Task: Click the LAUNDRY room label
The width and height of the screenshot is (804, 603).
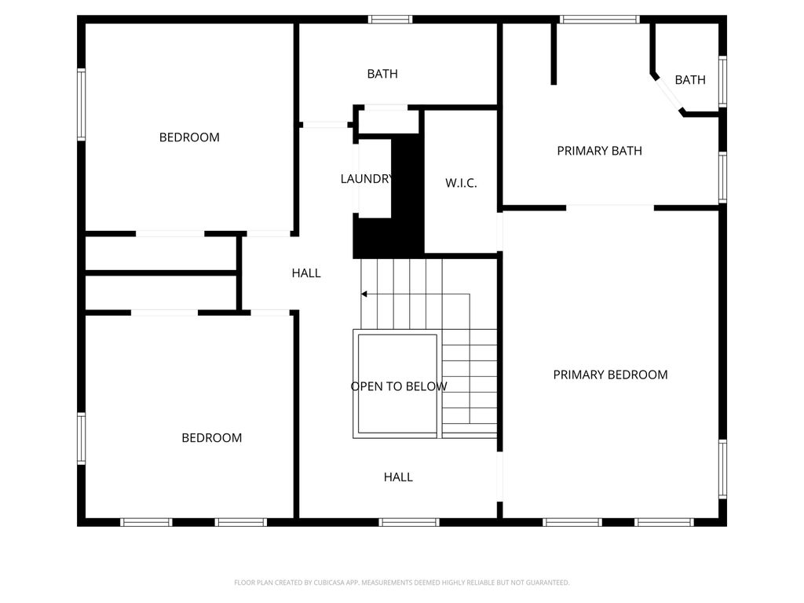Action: tap(366, 179)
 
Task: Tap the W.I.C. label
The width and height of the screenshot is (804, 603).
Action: tap(461, 183)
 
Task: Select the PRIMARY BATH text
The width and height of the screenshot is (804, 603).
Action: tap(599, 151)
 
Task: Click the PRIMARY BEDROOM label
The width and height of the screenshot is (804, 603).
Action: tap(610, 375)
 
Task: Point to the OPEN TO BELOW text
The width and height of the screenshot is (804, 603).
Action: tap(398, 386)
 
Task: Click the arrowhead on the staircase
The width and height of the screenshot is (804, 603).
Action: tap(364, 294)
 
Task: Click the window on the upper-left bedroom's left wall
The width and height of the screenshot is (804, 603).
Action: tap(81, 104)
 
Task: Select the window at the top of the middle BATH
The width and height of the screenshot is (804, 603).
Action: tap(390, 20)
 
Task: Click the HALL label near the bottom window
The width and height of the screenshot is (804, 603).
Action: tap(398, 477)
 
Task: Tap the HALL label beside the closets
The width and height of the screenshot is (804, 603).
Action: tap(306, 273)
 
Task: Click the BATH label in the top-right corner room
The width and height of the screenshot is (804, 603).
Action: tap(690, 80)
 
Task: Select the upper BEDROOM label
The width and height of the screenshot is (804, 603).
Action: tap(189, 137)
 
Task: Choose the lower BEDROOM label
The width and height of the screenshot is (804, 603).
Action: tap(211, 438)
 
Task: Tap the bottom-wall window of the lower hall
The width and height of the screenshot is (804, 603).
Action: tap(408, 521)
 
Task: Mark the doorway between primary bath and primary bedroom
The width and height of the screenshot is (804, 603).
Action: tap(610, 207)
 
